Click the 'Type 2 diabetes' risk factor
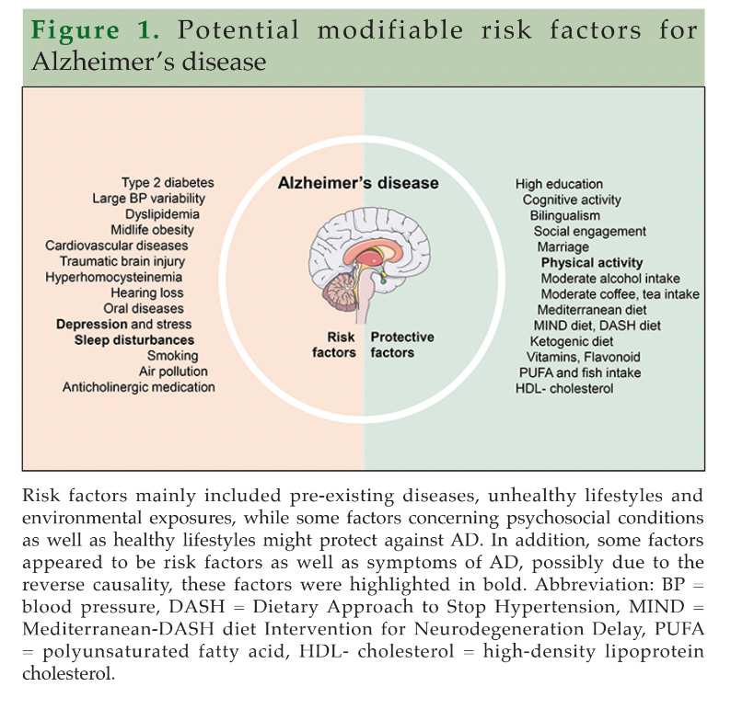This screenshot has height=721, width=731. pos(162,182)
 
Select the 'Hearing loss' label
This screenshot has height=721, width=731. pos(151,292)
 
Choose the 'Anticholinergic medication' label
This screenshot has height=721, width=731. pos(138,387)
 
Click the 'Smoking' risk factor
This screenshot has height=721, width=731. pos(172,355)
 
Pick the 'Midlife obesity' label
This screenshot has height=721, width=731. pos(159,229)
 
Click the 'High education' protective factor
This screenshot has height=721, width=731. pos(559,184)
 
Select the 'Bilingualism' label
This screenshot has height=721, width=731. pos(565,215)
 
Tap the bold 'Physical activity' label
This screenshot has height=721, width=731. pos(592,262)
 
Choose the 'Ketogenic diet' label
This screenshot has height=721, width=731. pos(570,340)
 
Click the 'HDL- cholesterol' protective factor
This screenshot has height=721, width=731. pos(564,388)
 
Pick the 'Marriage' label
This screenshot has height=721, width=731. pos(563,246)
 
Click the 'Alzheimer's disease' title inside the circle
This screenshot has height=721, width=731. pos(358,183)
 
